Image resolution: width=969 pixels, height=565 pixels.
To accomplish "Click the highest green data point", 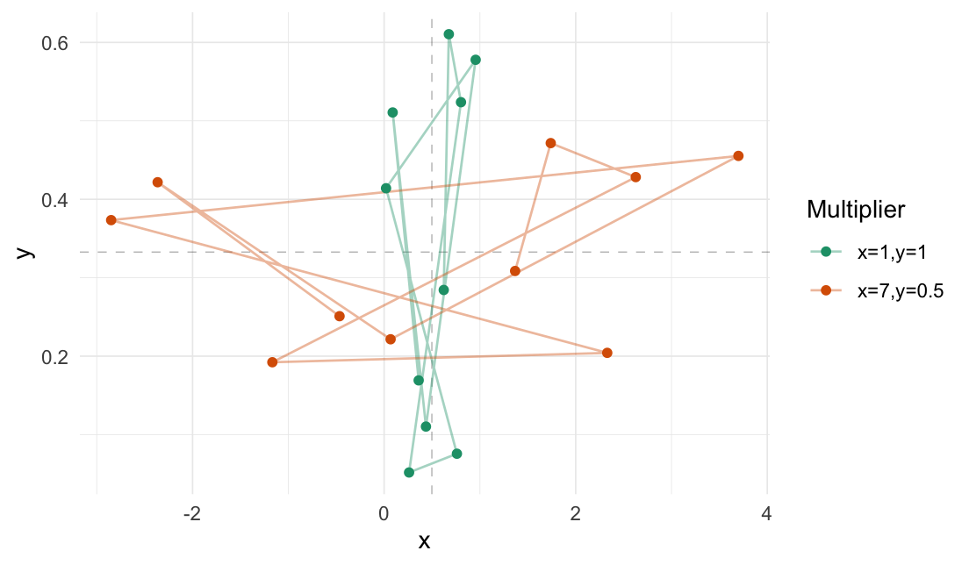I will click(x=449, y=34).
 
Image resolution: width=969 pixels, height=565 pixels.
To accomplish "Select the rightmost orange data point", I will click(x=738, y=156).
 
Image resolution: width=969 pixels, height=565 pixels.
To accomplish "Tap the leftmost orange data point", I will click(x=111, y=220).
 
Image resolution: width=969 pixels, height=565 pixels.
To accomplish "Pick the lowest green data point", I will click(x=409, y=473).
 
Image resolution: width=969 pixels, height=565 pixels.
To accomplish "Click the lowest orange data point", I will click(x=272, y=362).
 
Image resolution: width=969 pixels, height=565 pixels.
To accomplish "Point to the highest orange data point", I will click(x=550, y=143).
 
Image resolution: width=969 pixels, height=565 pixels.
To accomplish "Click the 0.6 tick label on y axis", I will click(x=57, y=43).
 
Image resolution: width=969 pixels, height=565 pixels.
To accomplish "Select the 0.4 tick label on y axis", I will click(x=57, y=200).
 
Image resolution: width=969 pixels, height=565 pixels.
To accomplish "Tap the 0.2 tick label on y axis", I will click(x=57, y=357).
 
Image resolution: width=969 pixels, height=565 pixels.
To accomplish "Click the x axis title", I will click(x=424, y=541).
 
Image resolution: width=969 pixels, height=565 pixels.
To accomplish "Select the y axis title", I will click(x=25, y=252).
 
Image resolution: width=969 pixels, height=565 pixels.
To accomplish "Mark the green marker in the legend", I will click(x=826, y=252).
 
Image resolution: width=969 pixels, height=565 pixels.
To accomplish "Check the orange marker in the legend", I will click(x=826, y=290).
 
